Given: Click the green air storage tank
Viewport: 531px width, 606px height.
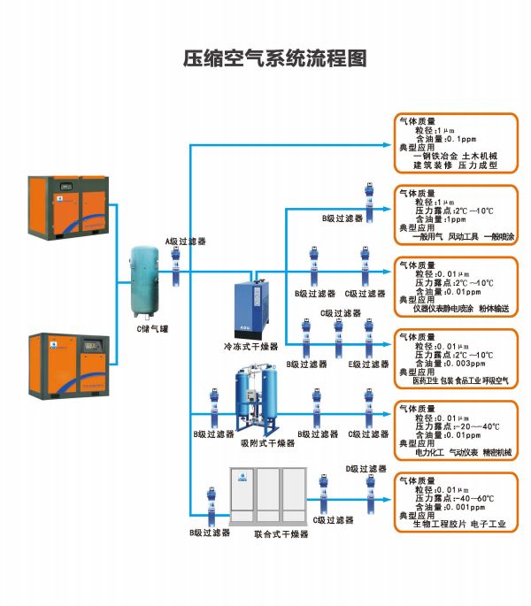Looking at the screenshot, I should [x=142, y=282].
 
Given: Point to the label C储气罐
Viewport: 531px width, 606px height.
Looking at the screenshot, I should [x=151, y=329].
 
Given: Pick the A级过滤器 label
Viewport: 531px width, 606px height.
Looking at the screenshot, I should [x=186, y=241].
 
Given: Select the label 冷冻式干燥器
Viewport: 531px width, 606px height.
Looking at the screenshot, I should [x=251, y=347].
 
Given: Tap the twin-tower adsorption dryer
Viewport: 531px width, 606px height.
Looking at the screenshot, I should [x=256, y=398].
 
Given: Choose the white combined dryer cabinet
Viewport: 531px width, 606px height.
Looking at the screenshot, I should [x=266, y=493].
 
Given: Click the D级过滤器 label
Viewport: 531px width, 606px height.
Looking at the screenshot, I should [x=366, y=469].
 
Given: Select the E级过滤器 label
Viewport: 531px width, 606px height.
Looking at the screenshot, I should [x=368, y=364].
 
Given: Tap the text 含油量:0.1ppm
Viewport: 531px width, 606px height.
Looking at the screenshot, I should [x=447, y=139].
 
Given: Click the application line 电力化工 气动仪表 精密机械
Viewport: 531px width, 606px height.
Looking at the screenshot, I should [x=463, y=452].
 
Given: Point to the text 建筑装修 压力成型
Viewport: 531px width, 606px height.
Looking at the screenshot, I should [x=455, y=165].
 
